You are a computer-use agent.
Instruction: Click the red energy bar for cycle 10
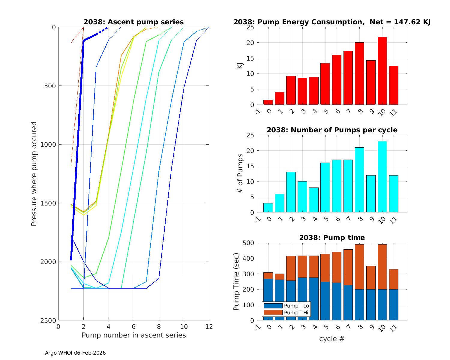pyautogui.click(x=382, y=71)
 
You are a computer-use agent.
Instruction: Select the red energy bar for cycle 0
pyautogui.click(x=280, y=98)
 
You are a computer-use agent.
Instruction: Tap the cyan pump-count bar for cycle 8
pyautogui.click(x=359, y=180)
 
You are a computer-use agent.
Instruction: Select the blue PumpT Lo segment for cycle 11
pyautogui.click(x=394, y=305)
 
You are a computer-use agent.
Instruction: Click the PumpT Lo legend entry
pyautogui.click(x=286, y=306)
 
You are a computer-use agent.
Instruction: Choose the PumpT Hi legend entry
pyautogui.click(x=286, y=313)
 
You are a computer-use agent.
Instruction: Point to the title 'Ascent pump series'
pyautogui.click(x=133, y=22)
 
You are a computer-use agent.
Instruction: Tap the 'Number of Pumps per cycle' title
pyautogui.click(x=332, y=130)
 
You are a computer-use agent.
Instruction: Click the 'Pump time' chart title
pyautogui.click(x=332, y=238)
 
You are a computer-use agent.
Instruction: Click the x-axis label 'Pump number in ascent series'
pyautogui.click(x=133, y=335)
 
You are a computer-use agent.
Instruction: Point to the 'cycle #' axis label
pyautogui.click(x=332, y=339)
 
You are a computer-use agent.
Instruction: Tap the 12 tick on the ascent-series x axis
pyautogui.click(x=209, y=326)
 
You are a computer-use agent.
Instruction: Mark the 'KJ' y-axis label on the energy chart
pyautogui.click(x=240, y=66)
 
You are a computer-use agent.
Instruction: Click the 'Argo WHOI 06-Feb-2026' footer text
pyautogui.click(x=75, y=353)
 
